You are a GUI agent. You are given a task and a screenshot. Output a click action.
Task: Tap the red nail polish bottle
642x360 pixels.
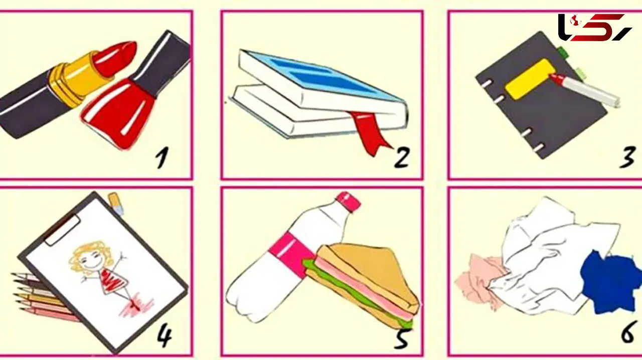coord(120,112)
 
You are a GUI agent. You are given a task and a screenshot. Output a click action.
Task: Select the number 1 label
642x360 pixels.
coord(162,157)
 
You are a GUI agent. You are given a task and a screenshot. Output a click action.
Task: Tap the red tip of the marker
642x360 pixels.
coord(557,79)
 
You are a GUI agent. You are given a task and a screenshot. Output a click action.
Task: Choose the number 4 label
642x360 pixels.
coord(165,337)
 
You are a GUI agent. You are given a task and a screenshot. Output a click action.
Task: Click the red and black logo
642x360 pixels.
coord(594,27)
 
